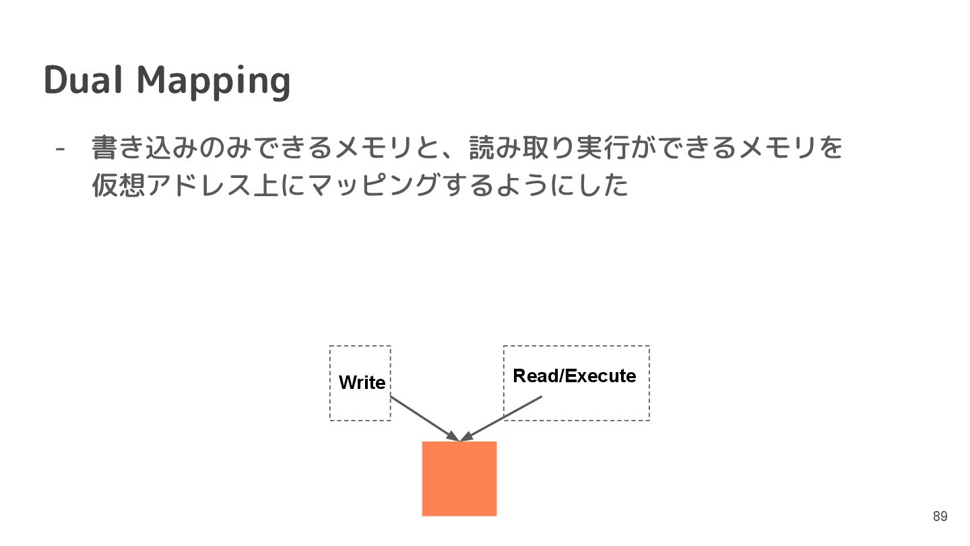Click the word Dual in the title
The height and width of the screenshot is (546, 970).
[84, 80]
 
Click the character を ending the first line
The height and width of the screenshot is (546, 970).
[831, 148]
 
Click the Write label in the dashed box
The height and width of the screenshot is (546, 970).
[362, 383]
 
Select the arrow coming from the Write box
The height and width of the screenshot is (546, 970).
[424, 418]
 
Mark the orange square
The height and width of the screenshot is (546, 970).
[459, 479]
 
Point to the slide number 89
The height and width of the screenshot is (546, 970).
[940, 517]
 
